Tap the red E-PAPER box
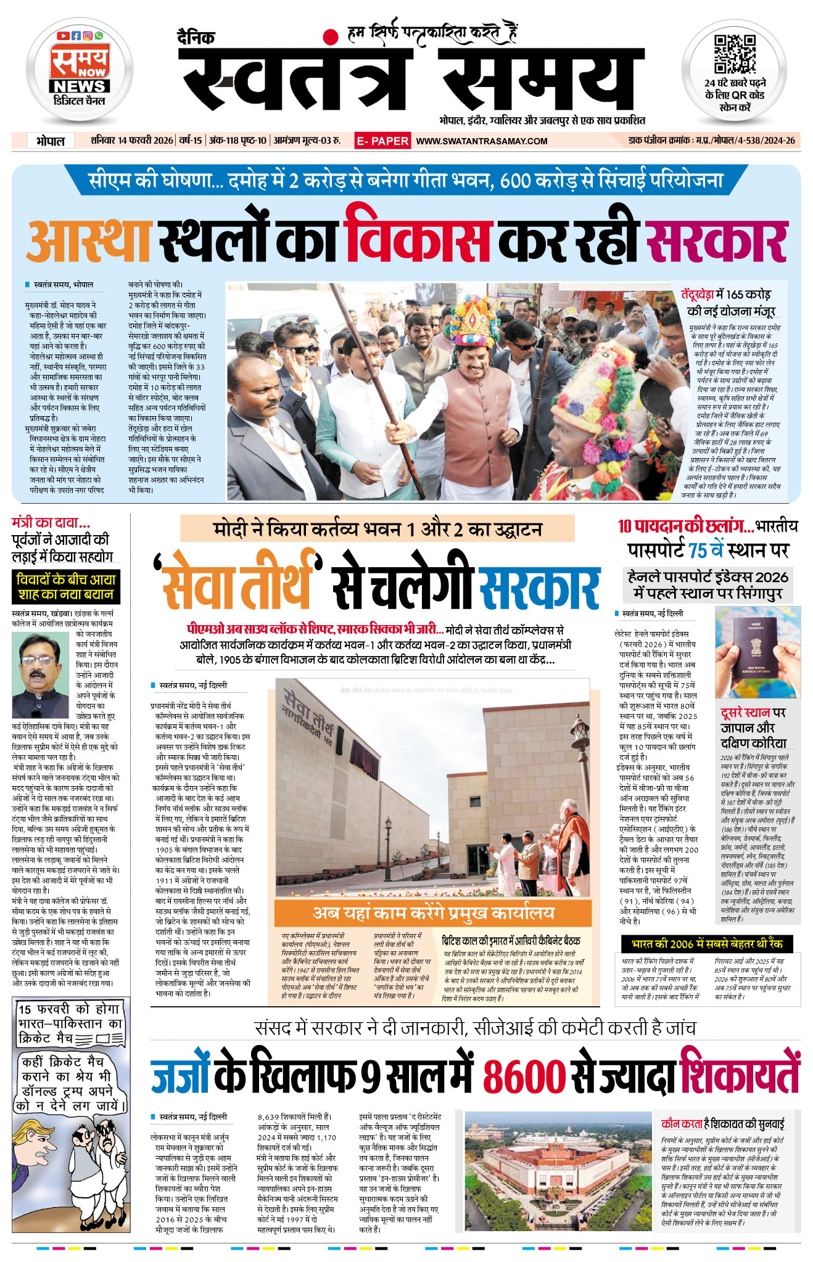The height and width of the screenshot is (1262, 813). (x=382, y=141)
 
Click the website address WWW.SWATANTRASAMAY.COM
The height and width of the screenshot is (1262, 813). (x=482, y=141)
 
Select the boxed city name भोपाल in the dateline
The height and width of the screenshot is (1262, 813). (x=51, y=141)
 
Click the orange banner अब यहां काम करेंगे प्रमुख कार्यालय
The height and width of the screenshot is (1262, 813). (x=433, y=913)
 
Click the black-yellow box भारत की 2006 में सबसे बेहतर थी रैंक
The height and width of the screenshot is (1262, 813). (x=707, y=944)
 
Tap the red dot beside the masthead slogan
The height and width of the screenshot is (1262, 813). (x=332, y=36)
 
